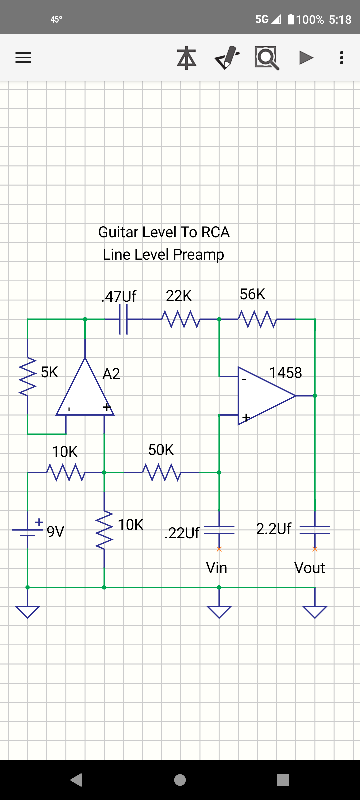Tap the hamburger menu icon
23,58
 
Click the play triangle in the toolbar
306,58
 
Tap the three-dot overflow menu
341,58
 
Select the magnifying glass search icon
267,58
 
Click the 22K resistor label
179,296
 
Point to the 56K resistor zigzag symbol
257,319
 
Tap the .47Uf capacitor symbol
123,319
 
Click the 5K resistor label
49,372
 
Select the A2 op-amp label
111,374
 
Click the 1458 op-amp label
285,373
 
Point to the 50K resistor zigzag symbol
161,472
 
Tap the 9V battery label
55,532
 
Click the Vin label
217,568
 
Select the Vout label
309,568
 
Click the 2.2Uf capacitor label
274,529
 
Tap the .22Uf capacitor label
182,533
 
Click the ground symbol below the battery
28,612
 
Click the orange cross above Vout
315,549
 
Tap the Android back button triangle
77,780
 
